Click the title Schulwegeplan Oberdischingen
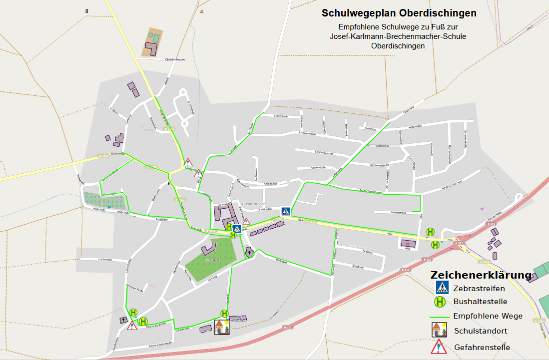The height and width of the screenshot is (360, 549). pos(399,13)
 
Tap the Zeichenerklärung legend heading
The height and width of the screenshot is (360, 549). pos(481,275)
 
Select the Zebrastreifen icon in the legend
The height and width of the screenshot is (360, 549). pos(442,287)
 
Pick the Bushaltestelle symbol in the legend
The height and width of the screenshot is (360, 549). pos(440,302)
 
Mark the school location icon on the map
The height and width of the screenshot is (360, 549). pos(222,327)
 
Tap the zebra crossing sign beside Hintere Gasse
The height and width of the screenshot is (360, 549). pos(285,211)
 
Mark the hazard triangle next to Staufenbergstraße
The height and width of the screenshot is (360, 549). pos(132,326)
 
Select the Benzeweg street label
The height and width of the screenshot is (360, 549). pos(281,261)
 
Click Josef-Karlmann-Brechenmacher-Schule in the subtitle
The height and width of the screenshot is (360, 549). pos(398,36)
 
